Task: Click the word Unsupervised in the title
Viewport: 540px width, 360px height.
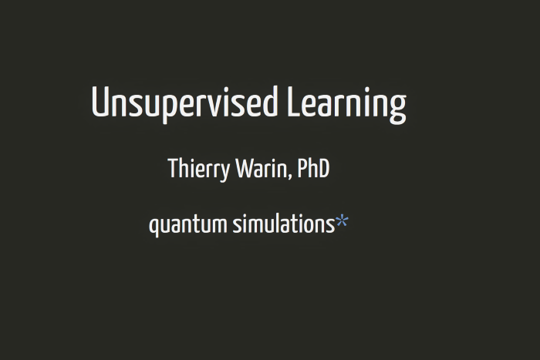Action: [x=184, y=103]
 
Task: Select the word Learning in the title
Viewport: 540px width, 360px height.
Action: [x=347, y=104]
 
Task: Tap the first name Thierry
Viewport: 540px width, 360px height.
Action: [x=199, y=169]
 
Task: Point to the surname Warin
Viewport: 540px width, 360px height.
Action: [x=262, y=169]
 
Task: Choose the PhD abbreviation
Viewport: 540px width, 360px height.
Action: [x=313, y=168]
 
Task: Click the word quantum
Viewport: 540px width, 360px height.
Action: [x=188, y=225]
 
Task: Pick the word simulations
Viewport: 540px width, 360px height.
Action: [x=284, y=224]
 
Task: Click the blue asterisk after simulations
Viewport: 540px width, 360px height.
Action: [x=342, y=220]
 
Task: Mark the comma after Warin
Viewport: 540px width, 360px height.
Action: [x=289, y=177]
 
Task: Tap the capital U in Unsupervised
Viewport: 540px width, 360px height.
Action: [x=100, y=103]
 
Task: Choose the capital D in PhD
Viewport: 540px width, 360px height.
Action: [x=324, y=168]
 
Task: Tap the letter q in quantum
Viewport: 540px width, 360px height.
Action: [x=154, y=227]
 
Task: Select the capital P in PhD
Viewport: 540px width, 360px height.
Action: [x=302, y=168]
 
